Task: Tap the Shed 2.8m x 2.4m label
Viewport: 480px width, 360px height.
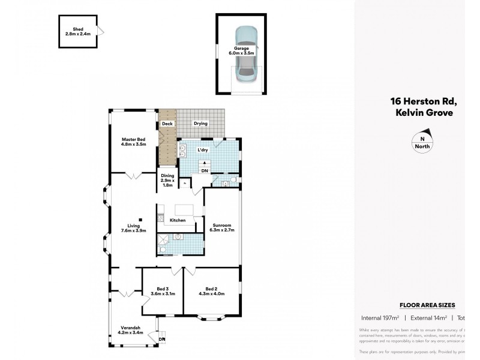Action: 77,32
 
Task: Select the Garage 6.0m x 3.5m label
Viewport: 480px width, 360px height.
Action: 241,50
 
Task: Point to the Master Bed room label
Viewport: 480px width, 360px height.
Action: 134,142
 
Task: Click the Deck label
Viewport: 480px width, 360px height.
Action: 167,124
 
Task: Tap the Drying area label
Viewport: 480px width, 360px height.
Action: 200,124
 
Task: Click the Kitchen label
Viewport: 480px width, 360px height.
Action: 178,221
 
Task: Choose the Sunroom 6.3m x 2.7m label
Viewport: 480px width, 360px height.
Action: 221,227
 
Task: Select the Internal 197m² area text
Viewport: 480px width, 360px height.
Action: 380,317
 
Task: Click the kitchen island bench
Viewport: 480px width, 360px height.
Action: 184,211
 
